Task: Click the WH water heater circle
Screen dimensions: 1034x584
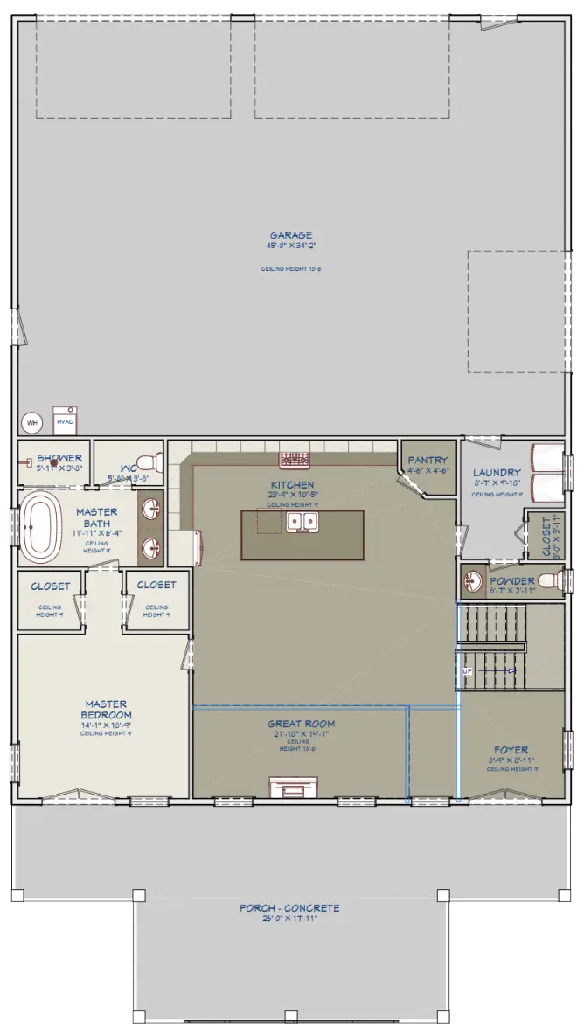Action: (32, 422)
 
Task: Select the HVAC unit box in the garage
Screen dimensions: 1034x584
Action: (65, 420)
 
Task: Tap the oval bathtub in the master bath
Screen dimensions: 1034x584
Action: (41, 528)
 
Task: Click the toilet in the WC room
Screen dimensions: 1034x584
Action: (151, 461)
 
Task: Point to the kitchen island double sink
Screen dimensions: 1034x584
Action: (302, 523)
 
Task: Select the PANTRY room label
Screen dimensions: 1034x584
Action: (428, 461)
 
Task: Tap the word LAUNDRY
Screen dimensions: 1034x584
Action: (496, 473)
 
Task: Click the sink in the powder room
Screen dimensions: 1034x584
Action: (474, 580)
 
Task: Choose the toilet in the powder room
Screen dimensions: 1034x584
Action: (549, 580)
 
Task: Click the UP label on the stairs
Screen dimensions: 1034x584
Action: (467, 670)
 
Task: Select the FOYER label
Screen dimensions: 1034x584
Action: (510, 750)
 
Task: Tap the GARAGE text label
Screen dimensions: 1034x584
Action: (291, 235)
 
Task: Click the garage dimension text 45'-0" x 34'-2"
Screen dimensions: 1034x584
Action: (291, 246)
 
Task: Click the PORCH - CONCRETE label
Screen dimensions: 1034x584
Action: (289, 908)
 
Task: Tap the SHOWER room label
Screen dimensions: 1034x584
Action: (59, 458)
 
